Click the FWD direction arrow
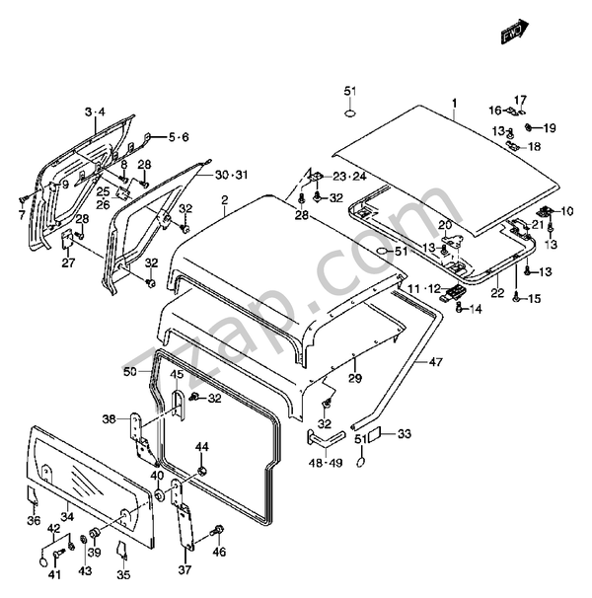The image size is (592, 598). [x=515, y=32]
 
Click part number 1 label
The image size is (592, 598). [x=454, y=103]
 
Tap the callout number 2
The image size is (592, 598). [x=225, y=200]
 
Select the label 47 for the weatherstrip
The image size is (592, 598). [x=435, y=361]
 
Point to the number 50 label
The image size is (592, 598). [x=130, y=371]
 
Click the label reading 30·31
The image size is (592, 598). [x=231, y=175]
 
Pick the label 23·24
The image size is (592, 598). [x=349, y=177]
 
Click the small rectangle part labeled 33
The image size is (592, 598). [x=373, y=435]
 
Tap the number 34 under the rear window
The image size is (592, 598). [x=67, y=517]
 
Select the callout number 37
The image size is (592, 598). [x=185, y=569]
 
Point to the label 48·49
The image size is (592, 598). [x=326, y=463]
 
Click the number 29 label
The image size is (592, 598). [x=355, y=378]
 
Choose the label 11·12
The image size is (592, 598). [x=424, y=288]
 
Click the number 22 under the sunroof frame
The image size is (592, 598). [x=498, y=292]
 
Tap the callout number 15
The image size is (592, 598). [x=535, y=298]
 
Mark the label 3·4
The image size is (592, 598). [x=95, y=112]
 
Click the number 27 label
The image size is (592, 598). [x=69, y=262]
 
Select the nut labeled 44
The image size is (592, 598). [x=202, y=471]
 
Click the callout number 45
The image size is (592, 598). [x=177, y=375]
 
